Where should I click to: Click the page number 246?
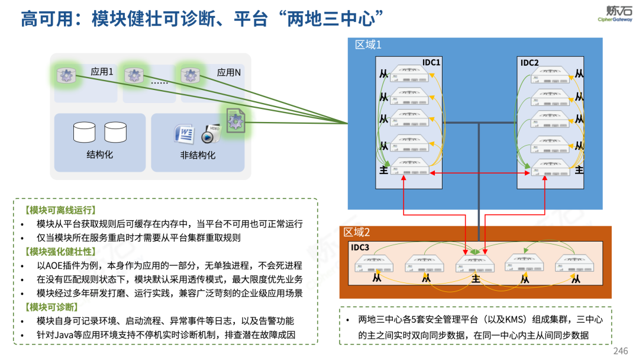pyautogui.click(x=620, y=351)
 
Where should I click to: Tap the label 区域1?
pyautogui.click(x=368, y=45)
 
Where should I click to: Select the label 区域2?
pyautogui.click(x=357, y=232)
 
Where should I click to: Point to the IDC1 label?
pyautogui.click(x=431, y=62)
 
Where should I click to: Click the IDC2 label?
pyautogui.click(x=530, y=62)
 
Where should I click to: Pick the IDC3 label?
pyautogui.click(x=360, y=247)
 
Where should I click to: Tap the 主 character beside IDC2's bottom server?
pyautogui.click(x=579, y=169)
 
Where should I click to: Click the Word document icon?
pyautogui.click(x=185, y=134)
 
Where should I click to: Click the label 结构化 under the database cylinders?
pyautogui.click(x=100, y=155)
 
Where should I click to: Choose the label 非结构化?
pyautogui.click(x=198, y=155)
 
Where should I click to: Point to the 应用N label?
pyautogui.click(x=228, y=72)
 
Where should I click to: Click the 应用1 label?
pyautogui.click(x=102, y=72)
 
